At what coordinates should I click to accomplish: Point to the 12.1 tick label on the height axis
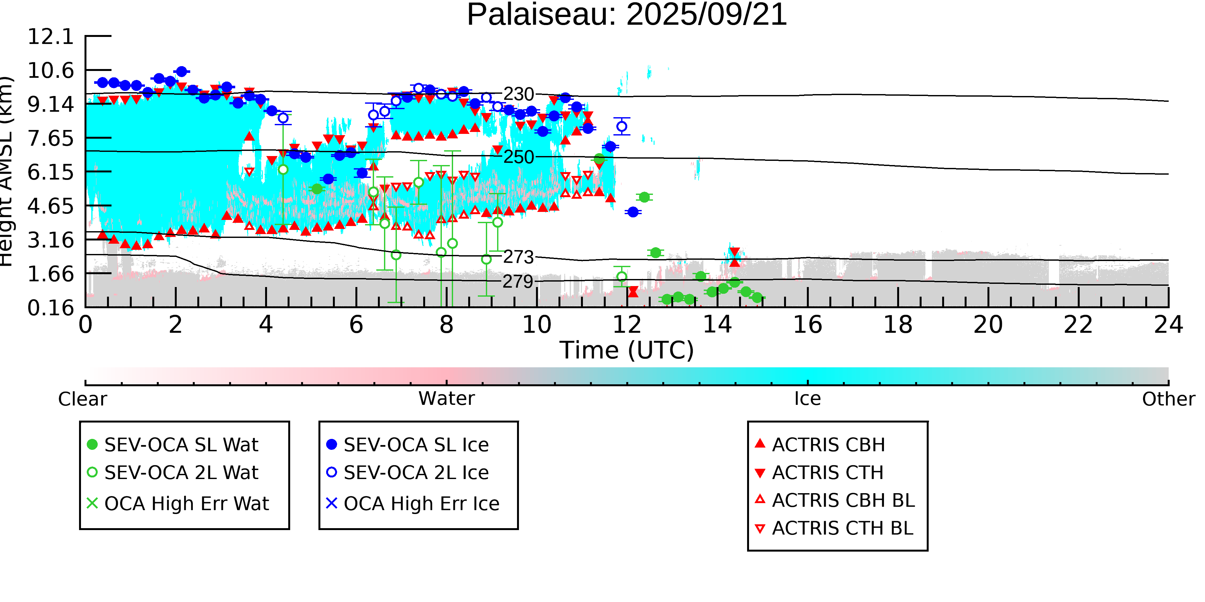pyautogui.click(x=50, y=37)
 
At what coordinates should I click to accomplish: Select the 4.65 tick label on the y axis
pyautogui.click(x=50, y=206)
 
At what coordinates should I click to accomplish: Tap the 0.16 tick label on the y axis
pyautogui.click(x=50, y=308)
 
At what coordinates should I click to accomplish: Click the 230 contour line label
pyautogui.click(x=518, y=94)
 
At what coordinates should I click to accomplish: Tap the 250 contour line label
pyautogui.click(x=518, y=157)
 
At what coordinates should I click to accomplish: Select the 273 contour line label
pyautogui.click(x=518, y=257)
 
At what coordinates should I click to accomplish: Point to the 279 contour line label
pyautogui.click(x=518, y=281)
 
